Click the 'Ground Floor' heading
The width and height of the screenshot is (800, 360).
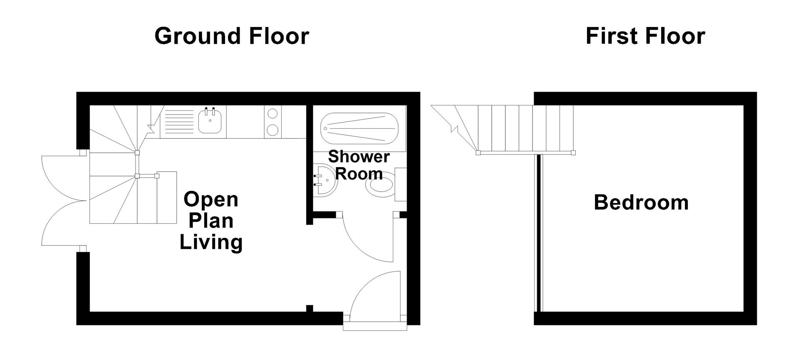point(232,36)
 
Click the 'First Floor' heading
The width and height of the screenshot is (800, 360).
point(645,36)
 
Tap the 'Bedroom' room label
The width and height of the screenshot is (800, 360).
point(641,202)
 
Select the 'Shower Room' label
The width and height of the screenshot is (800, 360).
point(359,165)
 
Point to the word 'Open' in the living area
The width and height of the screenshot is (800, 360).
point(211,200)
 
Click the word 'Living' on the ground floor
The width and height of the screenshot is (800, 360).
point(211,242)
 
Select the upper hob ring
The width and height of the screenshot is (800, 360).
point(272,113)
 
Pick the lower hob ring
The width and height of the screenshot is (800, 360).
point(272,130)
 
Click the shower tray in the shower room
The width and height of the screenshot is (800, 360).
point(359,128)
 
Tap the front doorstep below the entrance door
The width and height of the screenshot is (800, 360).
point(375,325)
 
